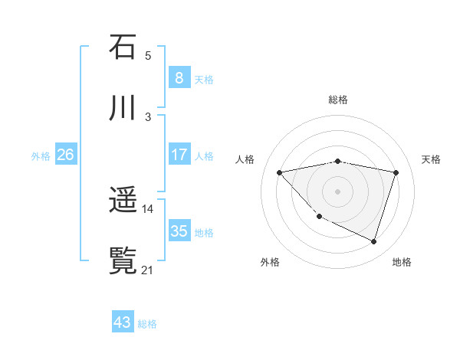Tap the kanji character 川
(123, 108)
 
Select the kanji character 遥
(123, 201)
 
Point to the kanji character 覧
(123, 261)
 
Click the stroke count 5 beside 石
(148, 56)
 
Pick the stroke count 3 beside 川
(148, 116)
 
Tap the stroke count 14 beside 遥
(148, 208)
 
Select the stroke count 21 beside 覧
(148, 270)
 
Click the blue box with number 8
(179, 77)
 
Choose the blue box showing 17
(179, 155)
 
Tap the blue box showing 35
(179, 231)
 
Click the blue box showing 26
(66, 155)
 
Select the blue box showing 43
(123, 322)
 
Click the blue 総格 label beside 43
(147, 324)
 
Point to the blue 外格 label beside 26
(41, 156)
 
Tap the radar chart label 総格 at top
(338, 100)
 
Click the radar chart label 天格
(431, 159)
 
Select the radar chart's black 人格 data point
(280, 172)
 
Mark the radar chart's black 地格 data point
(373, 242)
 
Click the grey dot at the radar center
(338, 191)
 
